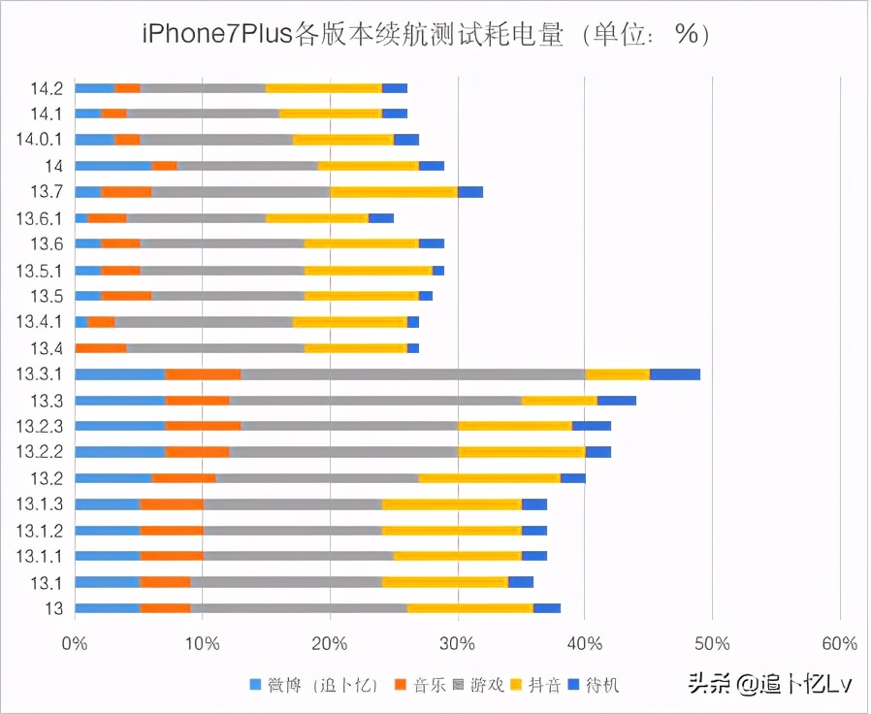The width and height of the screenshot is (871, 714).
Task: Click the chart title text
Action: [426, 34]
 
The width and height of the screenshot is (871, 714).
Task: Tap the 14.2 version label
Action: [47, 89]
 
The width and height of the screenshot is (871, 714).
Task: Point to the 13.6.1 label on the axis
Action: [41, 217]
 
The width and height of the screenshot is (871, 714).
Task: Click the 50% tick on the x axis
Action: [712, 643]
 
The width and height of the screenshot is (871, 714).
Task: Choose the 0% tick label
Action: [74, 643]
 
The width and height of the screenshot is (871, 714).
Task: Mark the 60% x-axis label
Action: [839, 643]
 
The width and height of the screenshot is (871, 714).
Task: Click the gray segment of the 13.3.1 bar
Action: [413, 374]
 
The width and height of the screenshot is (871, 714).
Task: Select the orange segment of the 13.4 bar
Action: [101, 348]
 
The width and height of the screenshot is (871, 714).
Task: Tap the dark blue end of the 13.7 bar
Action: [470, 192]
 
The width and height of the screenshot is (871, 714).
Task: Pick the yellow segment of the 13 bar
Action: [470, 608]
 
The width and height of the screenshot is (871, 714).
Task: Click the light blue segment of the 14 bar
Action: [113, 166]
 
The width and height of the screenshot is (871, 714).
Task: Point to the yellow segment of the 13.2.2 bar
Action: [522, 452]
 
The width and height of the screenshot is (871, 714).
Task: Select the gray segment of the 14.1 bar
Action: [203, 114]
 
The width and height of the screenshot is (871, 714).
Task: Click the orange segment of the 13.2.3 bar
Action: [203, 426]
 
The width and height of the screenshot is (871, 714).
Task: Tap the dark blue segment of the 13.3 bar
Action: [617, 400]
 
